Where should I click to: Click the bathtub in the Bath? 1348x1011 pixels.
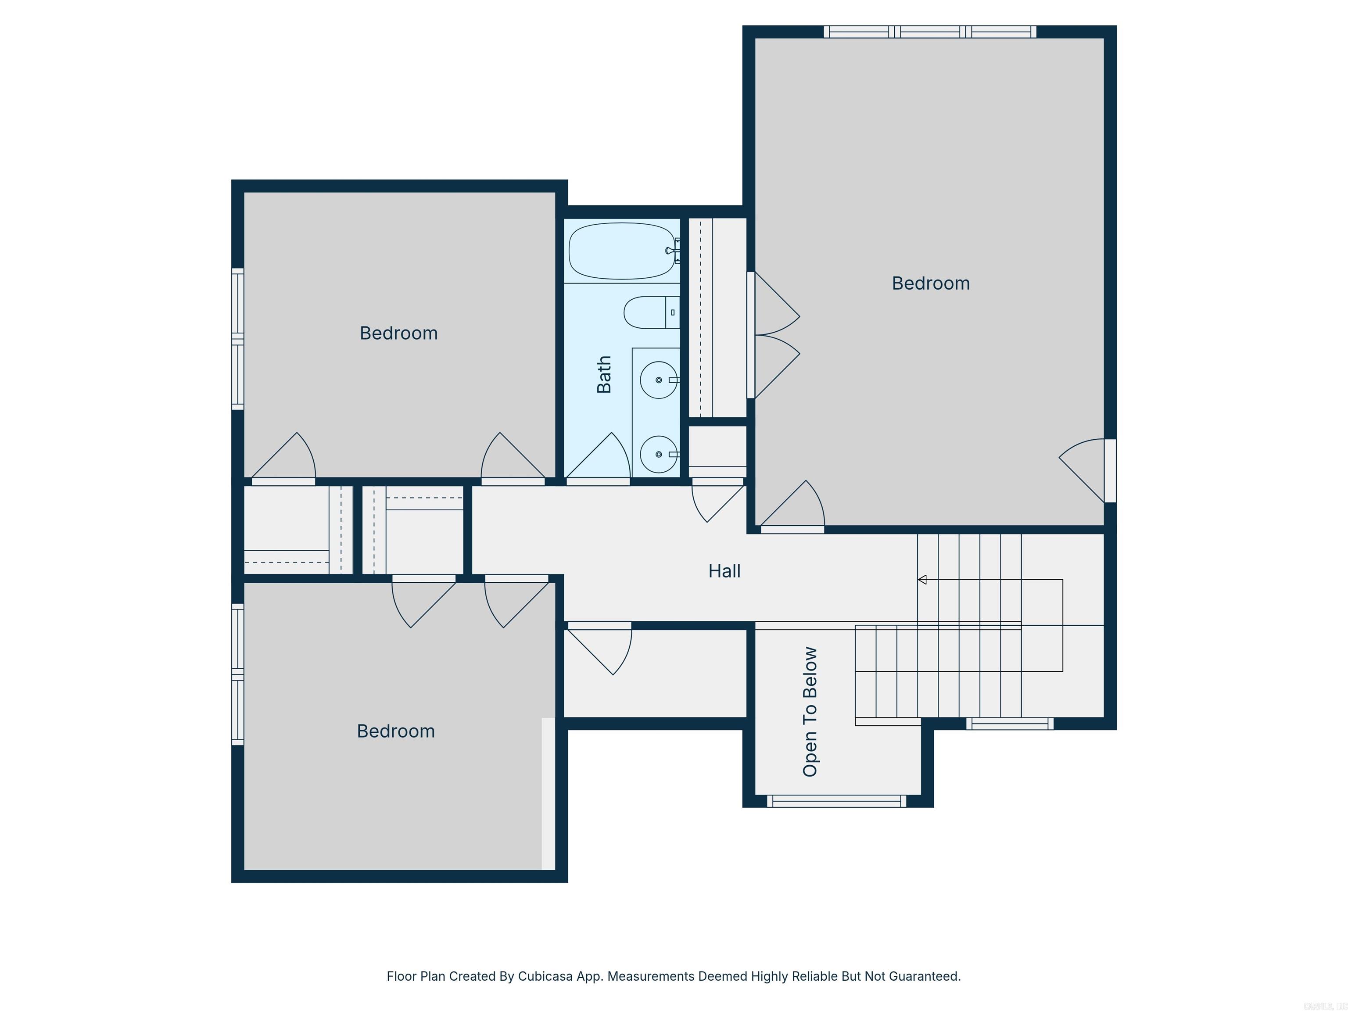click(x=622, y=251)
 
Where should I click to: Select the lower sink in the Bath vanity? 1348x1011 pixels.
click(x=658, y=455)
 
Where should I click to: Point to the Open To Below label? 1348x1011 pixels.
click(x=810, y=711)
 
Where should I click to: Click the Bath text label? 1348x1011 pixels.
click(x=604, y=374)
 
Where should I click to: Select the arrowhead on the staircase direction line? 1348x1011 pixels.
click(x=922, y=580)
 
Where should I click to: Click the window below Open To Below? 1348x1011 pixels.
click(x=836, y=801)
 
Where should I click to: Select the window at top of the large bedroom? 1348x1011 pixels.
click(x=930, y=32)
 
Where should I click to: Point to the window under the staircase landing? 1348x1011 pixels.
click(x=1010, y=723)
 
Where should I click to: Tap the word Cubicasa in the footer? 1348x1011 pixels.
click(x=545, y=976)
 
